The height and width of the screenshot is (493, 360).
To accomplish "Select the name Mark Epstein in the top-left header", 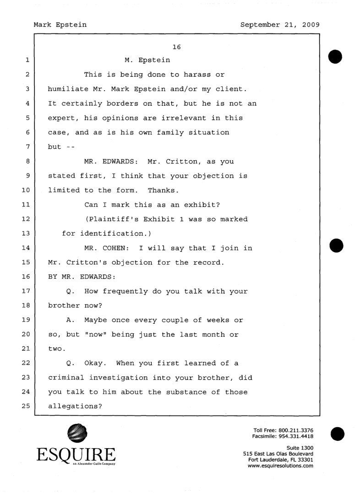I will click(x=60, y=24).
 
